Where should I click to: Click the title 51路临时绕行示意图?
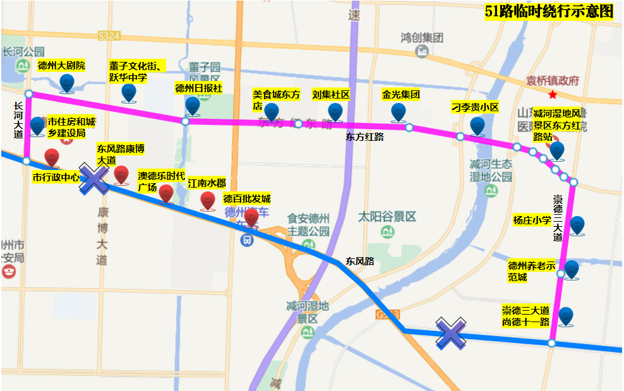pos(549,11)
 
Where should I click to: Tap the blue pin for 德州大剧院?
pos(66,82)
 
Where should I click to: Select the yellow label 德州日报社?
pos(198,88)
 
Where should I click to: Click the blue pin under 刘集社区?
pos(335,111)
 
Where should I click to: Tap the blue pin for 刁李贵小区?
pos(477,125)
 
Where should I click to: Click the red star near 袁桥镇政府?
pos(553,95)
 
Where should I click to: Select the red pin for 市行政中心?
pos(52,158)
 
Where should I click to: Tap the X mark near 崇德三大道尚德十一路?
pos(452,332)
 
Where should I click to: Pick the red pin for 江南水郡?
pos(208,200)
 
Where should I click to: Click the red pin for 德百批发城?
pos(251,217)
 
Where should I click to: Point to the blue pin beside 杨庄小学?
pos(577,225)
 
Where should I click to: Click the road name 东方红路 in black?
pos(364,136)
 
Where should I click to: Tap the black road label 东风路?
pos(359,260)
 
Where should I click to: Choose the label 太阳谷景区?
pos(387,217)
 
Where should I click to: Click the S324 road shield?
pos(109,37)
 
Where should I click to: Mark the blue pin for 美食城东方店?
pos(272,112)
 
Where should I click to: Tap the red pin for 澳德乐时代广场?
pos(165,193)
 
